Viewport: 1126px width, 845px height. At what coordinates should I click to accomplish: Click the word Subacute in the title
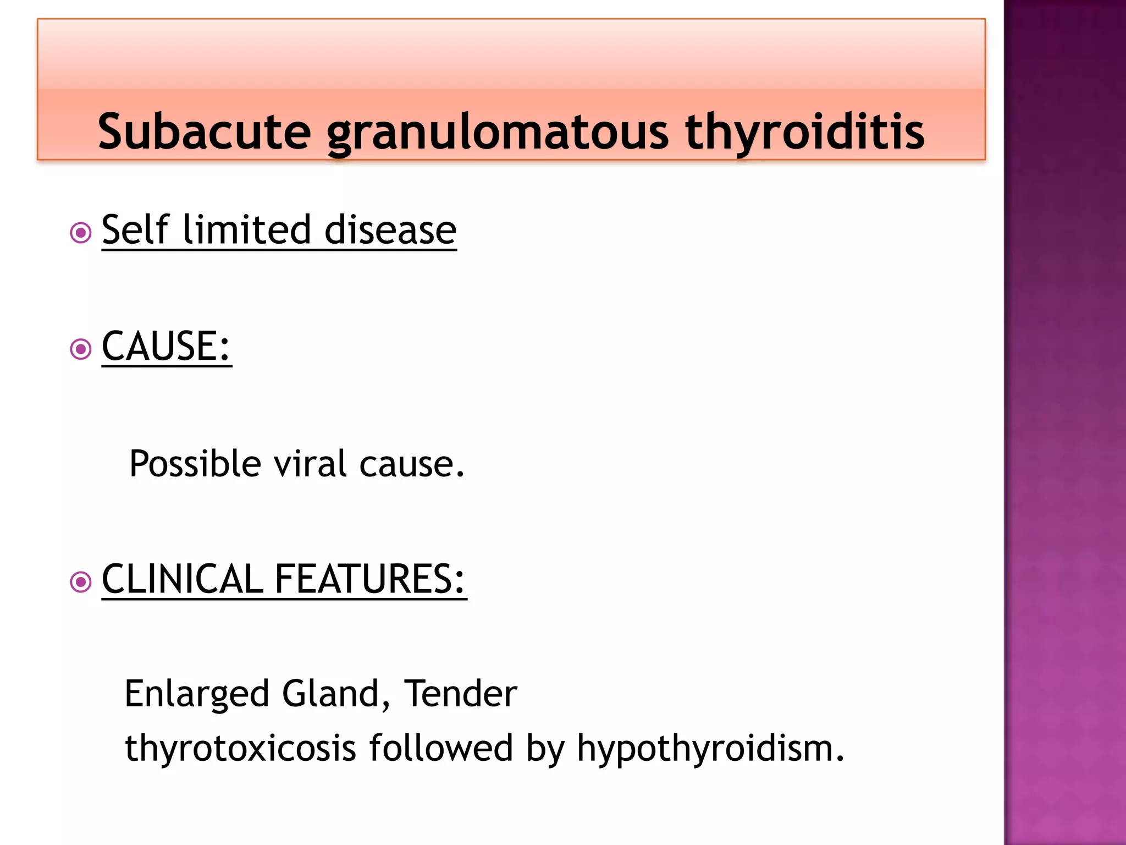pos(204,131)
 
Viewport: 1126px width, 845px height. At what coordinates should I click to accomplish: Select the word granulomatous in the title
pos(498,133)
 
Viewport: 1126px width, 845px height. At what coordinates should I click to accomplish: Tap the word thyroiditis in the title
pos(805,133)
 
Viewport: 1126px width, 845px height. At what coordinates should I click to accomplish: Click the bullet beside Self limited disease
pos(81,233)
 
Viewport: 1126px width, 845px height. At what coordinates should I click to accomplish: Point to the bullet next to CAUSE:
pos(81,349)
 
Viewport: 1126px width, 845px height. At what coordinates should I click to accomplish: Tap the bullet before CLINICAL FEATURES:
pos(81,581)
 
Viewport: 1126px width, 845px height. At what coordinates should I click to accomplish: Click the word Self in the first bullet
pos(135,229)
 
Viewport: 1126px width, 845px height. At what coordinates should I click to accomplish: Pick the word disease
pos(390,229)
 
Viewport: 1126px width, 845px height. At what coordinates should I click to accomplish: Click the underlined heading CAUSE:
pos(166,346)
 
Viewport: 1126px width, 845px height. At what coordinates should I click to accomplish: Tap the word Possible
pos(195,464)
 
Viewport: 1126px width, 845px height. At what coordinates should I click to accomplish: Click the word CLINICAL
pos(183,579)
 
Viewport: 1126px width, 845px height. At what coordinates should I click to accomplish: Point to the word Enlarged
pos(197,694)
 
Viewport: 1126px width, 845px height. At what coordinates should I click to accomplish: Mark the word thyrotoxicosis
pos(240,749)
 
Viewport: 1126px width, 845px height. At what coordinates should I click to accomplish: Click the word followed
pos(441,748)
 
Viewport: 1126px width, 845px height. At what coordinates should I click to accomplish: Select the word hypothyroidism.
pos(710,749)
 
